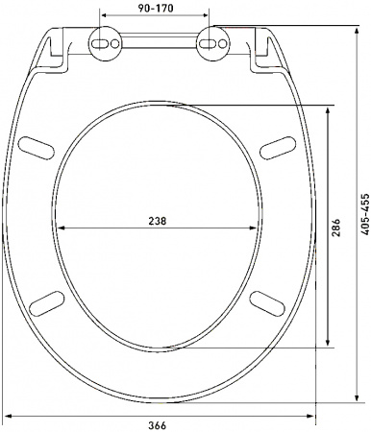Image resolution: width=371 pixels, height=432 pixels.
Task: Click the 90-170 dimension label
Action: [156, 8]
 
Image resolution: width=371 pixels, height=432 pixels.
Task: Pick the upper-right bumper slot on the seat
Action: [275, 143]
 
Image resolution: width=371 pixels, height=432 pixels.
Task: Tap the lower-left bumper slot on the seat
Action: [45, 301]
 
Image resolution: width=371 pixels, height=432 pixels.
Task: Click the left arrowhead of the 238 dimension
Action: [62, 228]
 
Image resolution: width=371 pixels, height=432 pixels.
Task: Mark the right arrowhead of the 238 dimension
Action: [256, 228]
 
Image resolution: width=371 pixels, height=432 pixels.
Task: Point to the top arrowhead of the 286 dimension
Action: [331, 109]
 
